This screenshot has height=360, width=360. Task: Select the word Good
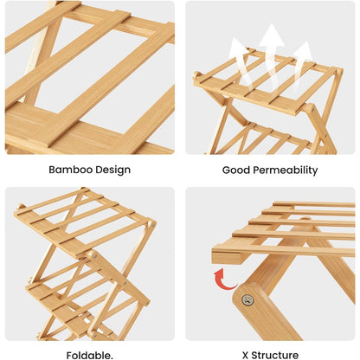point(236,170)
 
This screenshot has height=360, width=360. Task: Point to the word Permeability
point(286,170)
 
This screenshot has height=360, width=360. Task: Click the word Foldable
point(90,355)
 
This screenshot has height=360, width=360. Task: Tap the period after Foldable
point(112,358)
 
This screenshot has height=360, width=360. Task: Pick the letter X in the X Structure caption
point(245,355)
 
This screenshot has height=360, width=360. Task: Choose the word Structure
point(275,355)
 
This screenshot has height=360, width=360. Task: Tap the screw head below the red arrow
point(247,300)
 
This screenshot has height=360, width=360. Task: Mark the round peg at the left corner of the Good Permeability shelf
point(196,75)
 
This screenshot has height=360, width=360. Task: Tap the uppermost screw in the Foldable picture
point(151,223)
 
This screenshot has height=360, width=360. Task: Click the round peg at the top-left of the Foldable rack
point(20,207)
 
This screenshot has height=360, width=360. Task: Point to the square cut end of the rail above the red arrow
point(226,257)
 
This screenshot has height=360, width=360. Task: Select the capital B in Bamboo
point(52,170)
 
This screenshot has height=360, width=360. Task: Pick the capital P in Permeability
point(256,170)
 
